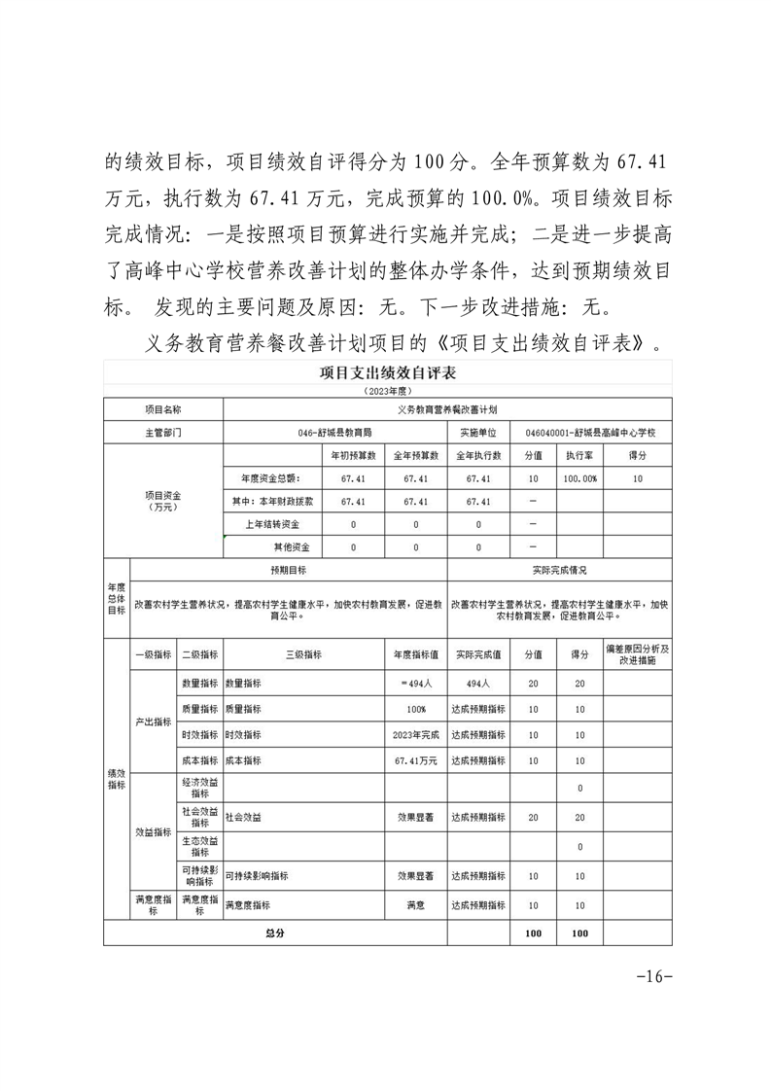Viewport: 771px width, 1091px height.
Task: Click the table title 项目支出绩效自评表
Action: (388, 372)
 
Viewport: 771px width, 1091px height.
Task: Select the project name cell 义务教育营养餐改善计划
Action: (447, 411)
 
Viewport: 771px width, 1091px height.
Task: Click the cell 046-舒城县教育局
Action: (335, 433)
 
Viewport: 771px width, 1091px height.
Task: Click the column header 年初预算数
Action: (353, 455)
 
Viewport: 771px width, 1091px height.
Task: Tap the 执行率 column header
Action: (581, 455)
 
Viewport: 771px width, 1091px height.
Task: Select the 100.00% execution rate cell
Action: (581, 478)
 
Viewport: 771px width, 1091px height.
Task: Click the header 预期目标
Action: (288, 570)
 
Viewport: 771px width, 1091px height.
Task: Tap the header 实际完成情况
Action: (560, 570)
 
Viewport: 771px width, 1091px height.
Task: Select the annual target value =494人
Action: (415, 685)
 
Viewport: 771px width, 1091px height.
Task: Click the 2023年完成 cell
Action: (415, 734)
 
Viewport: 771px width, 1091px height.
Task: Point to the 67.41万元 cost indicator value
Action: (415, 759)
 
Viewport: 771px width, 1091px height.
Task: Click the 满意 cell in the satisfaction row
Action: (415, 905)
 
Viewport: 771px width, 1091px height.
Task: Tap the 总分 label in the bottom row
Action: (275, 933)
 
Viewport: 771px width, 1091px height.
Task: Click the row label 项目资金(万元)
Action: (163, 501)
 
